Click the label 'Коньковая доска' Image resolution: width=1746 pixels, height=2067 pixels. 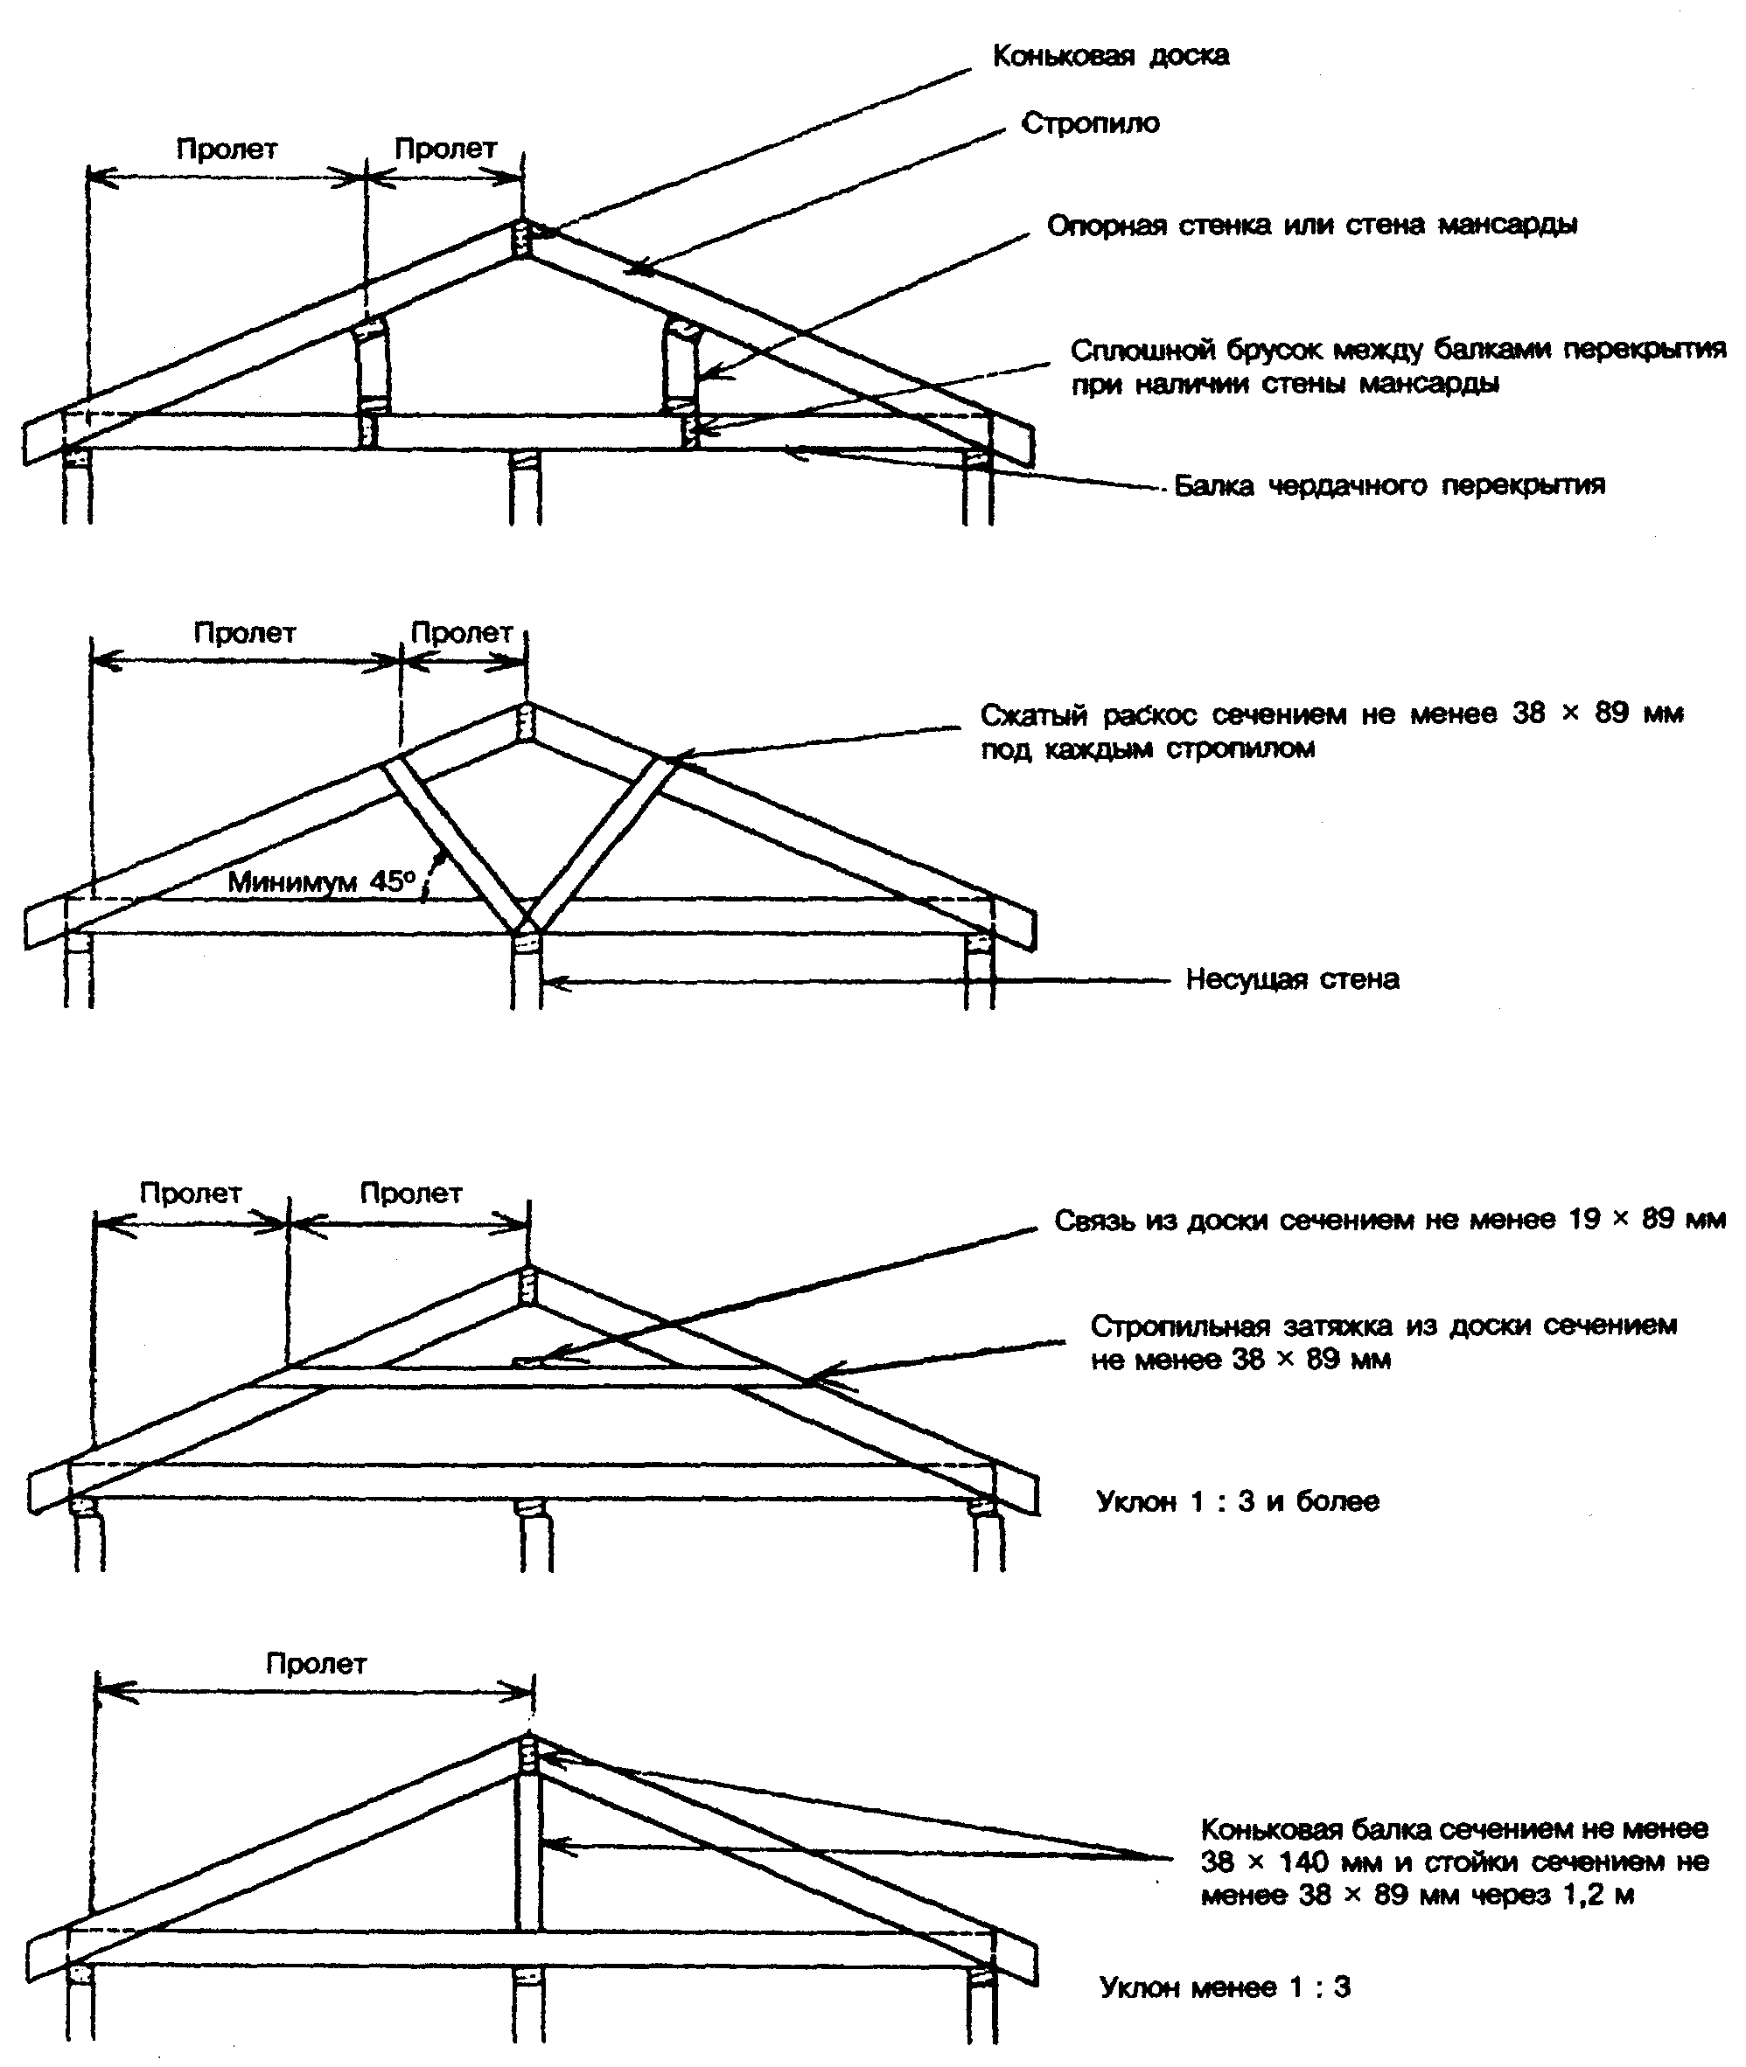point(1111,55)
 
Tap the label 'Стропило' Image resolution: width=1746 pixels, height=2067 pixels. point(1090,123)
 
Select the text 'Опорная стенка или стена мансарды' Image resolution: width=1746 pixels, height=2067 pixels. point(1311,226)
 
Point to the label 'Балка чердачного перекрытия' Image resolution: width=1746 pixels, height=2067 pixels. point(1389,486)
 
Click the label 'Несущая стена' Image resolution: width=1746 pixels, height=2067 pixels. point(1292,979)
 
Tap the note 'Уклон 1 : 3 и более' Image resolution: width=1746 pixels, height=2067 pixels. point(1237,1501)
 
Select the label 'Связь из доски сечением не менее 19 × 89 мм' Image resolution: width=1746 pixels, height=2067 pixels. point(1389,1220)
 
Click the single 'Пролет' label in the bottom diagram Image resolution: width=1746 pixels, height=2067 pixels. point(316,1663)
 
